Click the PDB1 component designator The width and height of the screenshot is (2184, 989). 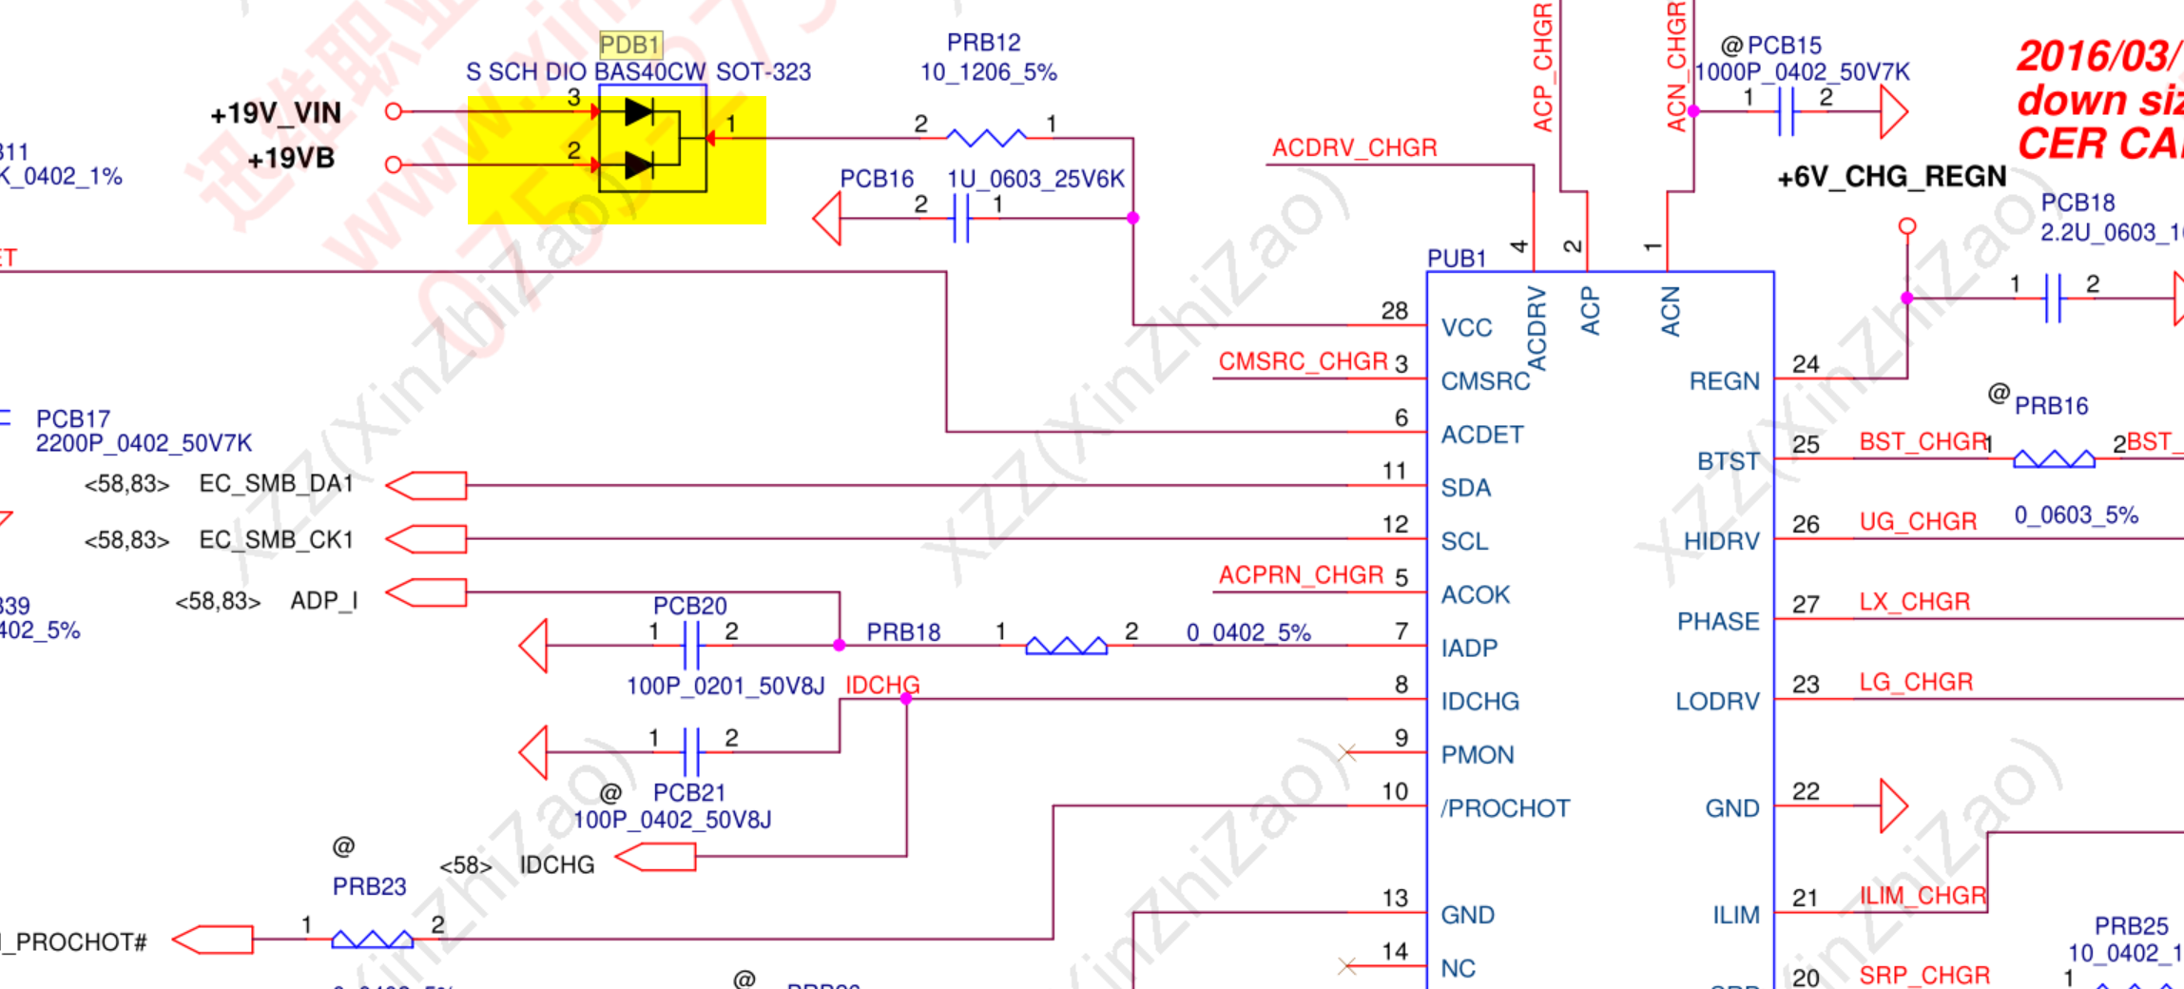[629, 45]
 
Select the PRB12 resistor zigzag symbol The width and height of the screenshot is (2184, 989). [986, 138]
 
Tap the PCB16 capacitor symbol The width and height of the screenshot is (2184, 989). [960, 219]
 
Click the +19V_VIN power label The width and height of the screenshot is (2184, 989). [276, 114]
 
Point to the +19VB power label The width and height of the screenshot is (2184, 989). [291, 159]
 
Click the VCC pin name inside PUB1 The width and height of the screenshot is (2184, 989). [1466, 328]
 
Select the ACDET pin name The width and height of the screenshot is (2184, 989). [1481, 435]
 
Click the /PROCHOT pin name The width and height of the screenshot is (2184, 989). [1504, 808]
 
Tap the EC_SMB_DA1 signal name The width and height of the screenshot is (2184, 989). [276, 484]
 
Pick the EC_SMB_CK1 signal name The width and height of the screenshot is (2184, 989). [276, 540]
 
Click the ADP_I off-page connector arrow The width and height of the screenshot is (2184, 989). [426, 592]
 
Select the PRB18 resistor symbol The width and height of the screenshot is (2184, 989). [1066, 647]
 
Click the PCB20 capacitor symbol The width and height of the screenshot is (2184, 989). [691, 646]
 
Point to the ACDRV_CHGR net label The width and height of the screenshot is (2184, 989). [1354, 148]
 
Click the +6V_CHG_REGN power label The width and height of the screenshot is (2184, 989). [1891, 177]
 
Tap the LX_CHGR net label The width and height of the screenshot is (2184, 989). [1914, 602]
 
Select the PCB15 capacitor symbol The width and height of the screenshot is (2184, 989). [1787, 111]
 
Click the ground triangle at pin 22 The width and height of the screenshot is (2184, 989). [1892, 806]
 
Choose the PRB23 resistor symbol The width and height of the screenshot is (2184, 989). [372, 940]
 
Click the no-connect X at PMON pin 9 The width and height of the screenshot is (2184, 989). [1346, 753]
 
